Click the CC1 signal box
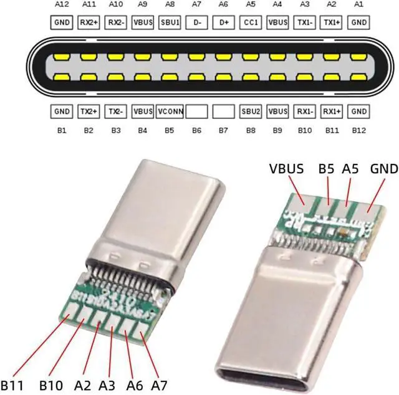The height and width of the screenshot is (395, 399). pos(251,23)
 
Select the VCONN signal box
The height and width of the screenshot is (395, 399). pos(170,112)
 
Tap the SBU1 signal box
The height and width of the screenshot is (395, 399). pos(170,23)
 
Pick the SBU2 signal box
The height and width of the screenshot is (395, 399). pos(251,112)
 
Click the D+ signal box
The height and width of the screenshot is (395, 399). pos(224,23)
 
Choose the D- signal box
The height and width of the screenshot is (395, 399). pos(197,23)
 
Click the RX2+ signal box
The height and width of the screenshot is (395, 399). pos(88,23)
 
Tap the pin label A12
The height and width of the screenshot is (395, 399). pos(61,5)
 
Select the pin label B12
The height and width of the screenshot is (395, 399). pos(358,131)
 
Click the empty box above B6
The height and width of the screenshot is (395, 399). pos(197,112)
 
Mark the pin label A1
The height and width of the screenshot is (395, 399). pos(358,5)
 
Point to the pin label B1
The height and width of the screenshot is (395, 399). pos(61,131)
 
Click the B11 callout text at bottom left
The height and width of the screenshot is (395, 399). pos(12,386)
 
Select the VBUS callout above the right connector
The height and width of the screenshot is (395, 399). pos(286,168)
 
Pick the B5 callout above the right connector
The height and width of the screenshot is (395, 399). pos(327,168)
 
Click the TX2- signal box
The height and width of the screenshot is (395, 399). pos(115,112)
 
